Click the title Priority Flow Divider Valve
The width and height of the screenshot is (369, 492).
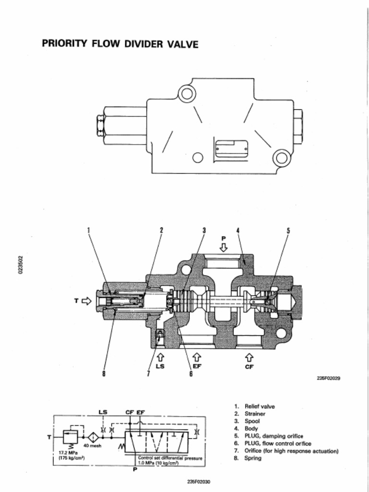(x=120, y=44)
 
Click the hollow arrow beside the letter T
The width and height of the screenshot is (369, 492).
(x=86, y=301)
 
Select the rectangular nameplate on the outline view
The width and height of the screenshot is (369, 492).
(x=231, y=149)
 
